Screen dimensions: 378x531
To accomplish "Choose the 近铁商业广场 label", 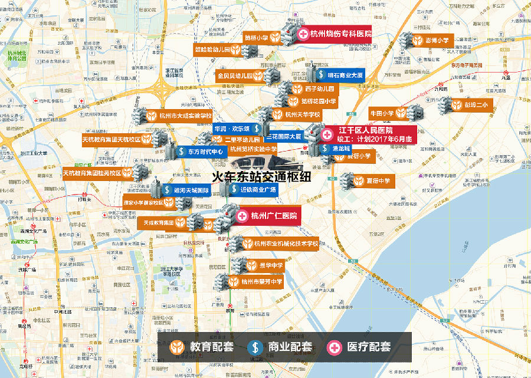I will click(x=253, y=190).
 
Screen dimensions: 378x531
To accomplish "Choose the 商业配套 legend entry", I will click(x=280, y=347).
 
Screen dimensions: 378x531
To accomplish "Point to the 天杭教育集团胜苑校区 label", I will click(x=93, y=173).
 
